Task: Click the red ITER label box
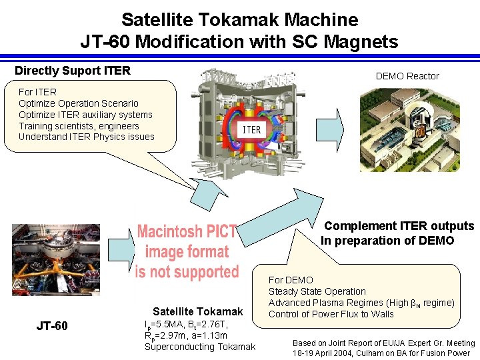click(251, 129)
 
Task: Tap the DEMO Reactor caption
click(407, 76)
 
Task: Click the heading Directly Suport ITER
click(73, 71)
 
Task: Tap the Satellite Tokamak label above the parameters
click(198, 311)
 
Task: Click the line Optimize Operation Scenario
click(79, 103)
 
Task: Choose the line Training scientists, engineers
click(79, 126)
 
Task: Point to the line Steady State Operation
click(317, 291)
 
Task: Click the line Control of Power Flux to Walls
click(331, 314)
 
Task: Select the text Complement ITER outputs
click(399, 226)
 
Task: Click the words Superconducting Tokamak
click(199, 346)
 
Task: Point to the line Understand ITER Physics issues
click(87, 137)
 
